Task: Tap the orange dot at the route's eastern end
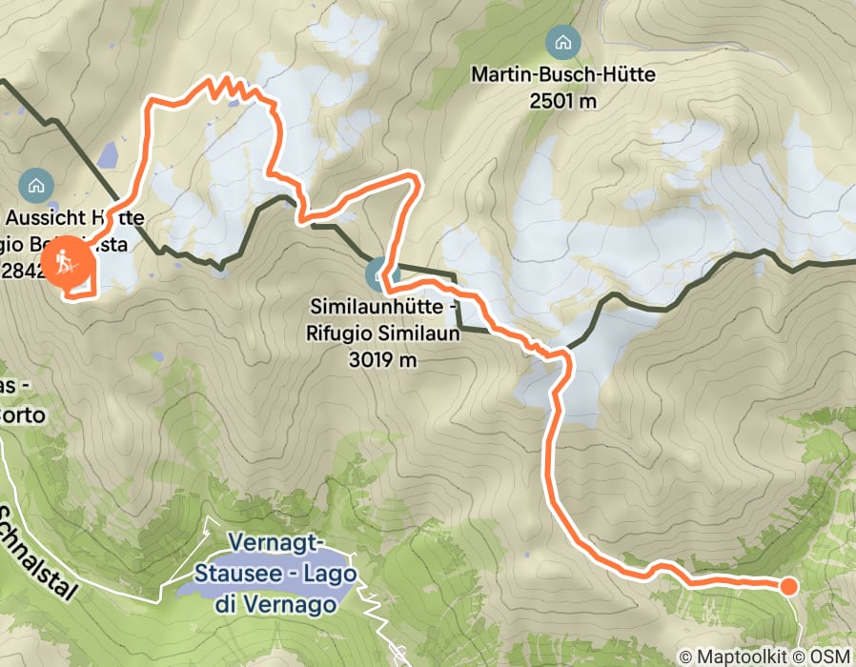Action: (788, 586)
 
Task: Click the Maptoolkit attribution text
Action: (729, 656)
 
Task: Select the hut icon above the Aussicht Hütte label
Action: (36, 182)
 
